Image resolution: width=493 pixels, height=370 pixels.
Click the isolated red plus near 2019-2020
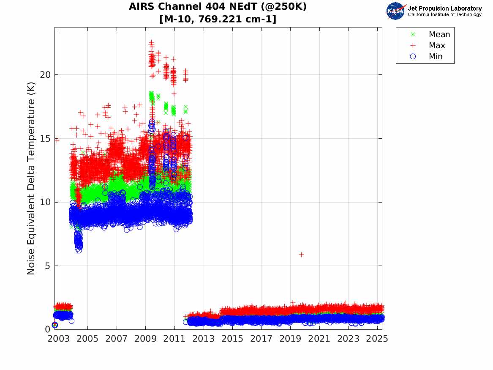tap(301, 255)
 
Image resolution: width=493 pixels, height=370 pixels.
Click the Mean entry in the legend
tap(439, 35)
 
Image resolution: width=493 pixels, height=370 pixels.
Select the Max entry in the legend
tap(436, 46)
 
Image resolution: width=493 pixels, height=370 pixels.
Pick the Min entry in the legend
tap(436, 57)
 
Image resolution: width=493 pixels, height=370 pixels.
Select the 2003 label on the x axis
tap(59, 339)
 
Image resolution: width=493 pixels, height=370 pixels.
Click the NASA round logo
tap(396, 11)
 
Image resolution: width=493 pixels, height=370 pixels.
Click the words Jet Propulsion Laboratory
tap(444, 8)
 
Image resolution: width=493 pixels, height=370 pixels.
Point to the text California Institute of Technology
tap(444, 15)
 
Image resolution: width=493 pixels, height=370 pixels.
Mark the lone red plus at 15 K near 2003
tap(57, 140)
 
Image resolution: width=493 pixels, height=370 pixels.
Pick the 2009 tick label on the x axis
tap(146, 339)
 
